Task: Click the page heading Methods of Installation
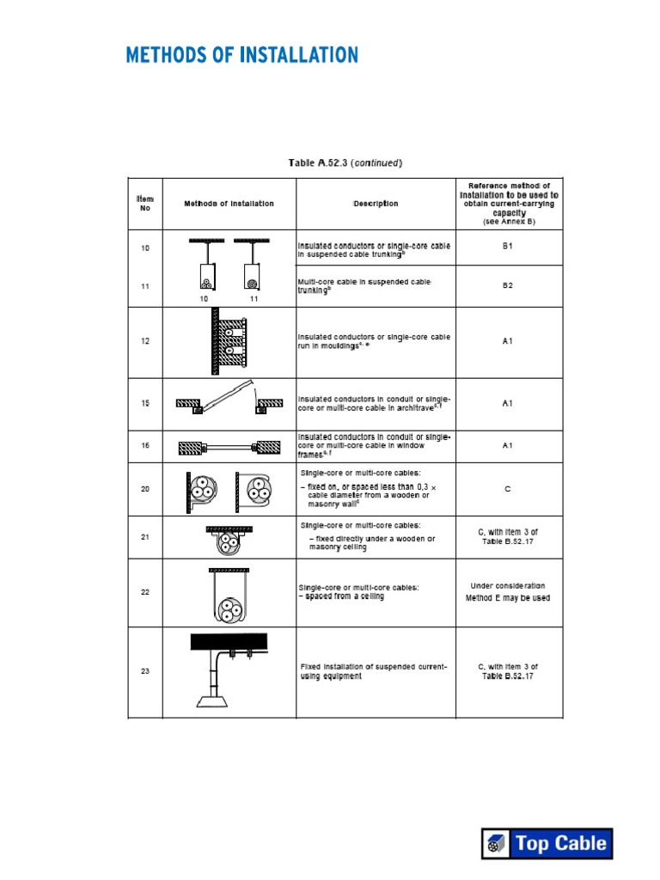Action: (x=241, y=56)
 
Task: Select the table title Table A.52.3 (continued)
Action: (x=345, y=162)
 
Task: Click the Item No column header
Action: (x=145, y=204)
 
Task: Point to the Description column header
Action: (x=376, y=204)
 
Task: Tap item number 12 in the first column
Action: (x=145, y=341)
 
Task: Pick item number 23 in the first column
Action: (x=145, y=671)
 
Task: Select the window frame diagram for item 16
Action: (x=229, y=447)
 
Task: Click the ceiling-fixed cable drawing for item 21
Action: (x=229, y=538)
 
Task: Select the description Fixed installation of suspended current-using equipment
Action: (x=374, y=671)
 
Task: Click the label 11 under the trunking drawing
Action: (x=254, y=298)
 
